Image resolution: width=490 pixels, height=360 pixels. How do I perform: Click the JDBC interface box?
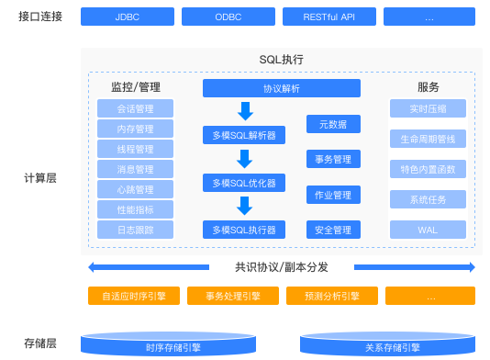[127, 17]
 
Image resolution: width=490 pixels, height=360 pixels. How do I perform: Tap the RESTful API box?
[328, 17]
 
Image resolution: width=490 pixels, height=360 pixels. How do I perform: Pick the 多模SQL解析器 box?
[243, 136]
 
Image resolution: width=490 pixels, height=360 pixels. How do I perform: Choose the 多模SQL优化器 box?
[243, 183]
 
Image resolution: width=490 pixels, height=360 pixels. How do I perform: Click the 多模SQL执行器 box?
[243, 230]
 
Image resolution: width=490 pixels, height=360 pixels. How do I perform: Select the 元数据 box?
[333, 124]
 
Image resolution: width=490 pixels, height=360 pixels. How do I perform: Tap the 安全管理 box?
[333, 230]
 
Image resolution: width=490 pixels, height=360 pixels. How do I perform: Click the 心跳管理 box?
[135, 189]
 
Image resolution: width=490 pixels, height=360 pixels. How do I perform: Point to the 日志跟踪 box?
[135, 230]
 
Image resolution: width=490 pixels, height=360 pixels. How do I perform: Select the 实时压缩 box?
[428, 109]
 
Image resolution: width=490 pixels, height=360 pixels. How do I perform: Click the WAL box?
[428, 230]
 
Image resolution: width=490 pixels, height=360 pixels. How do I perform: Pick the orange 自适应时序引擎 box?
[134, 296]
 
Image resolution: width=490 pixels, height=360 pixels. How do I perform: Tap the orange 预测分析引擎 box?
[332, 296]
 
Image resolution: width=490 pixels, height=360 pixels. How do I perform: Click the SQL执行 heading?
[281, 60]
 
